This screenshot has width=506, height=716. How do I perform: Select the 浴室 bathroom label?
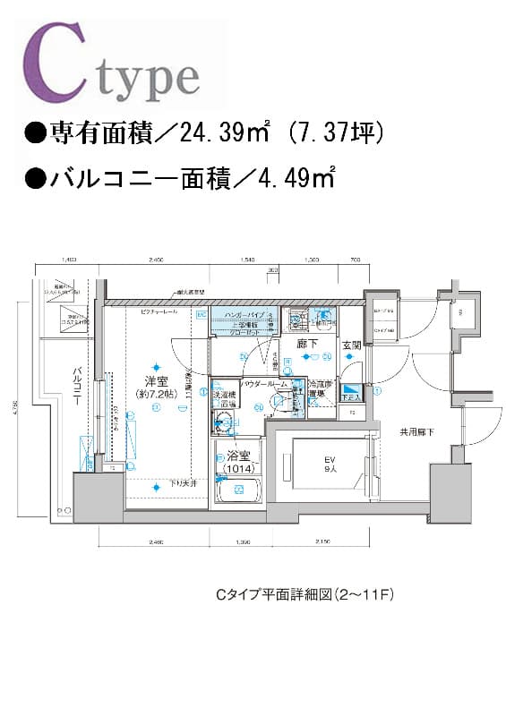tap(236, 456)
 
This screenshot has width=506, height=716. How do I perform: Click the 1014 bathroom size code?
tap(236, 468)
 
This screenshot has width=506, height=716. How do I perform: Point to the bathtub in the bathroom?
tap(238, 490)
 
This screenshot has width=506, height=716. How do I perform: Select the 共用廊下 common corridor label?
tap(416, 432)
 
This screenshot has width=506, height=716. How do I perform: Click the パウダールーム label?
tap(263, 383)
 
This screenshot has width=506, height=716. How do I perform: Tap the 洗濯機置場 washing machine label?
tap(224, 399)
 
